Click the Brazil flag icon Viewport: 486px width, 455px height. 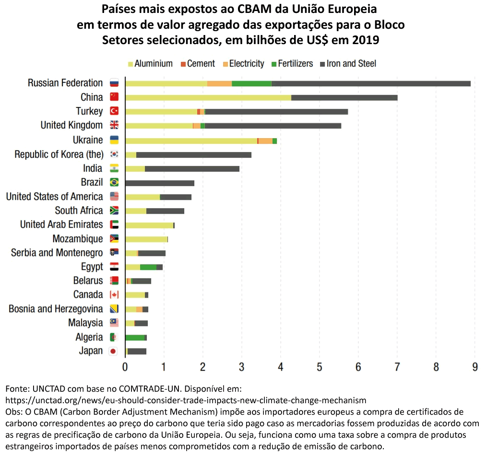[114, 182]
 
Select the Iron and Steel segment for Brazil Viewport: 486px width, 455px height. [160, 183]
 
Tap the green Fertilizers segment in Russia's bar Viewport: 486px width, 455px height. [251, 83]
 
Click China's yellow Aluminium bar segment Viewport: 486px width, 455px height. [208, 97]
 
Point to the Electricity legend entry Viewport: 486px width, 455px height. [244, 64]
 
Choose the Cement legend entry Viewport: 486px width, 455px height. [198, 64]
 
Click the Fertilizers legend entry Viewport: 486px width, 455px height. [292, 64]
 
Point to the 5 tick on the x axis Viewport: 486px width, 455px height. [319, 367]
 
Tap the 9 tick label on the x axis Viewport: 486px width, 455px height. [475, 367]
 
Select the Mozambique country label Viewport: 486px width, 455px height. [78, 239]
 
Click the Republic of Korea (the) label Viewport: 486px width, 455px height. [59, 154]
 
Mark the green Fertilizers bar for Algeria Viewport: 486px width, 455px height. [135, 338]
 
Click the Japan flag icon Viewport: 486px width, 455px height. [113, 351]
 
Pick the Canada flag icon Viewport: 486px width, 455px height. [114, 294]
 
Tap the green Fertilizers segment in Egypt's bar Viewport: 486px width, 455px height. [148, 267]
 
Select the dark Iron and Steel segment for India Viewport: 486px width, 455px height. [192, 169]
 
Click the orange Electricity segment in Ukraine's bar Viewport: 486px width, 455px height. [266, 141]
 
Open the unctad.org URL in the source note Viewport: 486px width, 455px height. [186, 400]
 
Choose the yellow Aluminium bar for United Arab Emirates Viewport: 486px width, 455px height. [149, 225]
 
